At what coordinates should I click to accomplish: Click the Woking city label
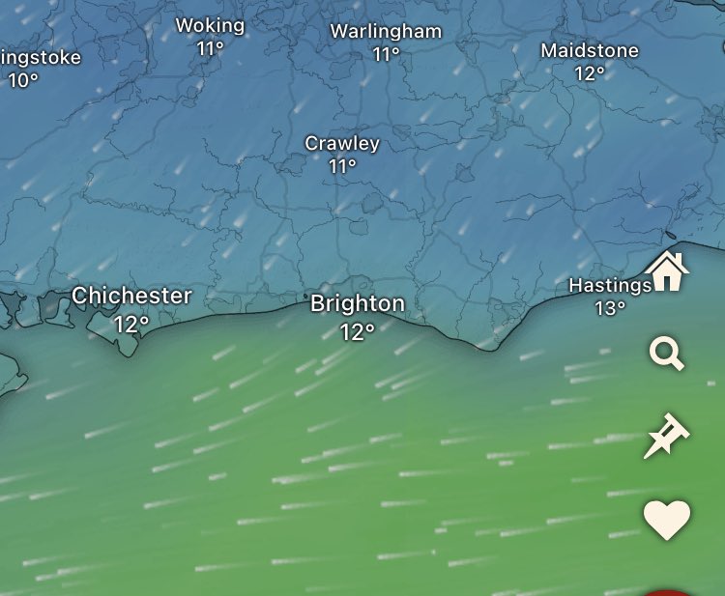point(210,25)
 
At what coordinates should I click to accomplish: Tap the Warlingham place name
point(386,31)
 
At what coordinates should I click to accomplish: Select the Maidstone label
point(590,49)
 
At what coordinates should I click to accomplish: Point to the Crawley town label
point(342,143)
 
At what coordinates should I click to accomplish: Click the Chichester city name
point(131,296)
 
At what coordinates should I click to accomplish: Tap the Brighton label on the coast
point(358,303)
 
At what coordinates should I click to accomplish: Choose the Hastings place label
point(609,286)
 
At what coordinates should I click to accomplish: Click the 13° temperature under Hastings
point(610,308)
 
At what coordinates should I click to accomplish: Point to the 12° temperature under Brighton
point(357,331)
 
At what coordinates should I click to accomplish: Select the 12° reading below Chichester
point(131,324)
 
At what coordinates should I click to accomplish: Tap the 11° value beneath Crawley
point(342,166)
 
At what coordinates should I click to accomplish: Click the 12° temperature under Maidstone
point(590,72)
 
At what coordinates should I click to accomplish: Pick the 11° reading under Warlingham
point(387,54)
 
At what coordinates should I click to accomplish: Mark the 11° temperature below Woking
point(210,48)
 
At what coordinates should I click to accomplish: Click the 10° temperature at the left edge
point(23,80)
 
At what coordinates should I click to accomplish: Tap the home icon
point(667,271)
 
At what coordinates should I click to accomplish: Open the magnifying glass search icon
point(666,355)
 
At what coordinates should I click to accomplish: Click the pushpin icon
point(666,438)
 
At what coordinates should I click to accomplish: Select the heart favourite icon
point(667,520)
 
